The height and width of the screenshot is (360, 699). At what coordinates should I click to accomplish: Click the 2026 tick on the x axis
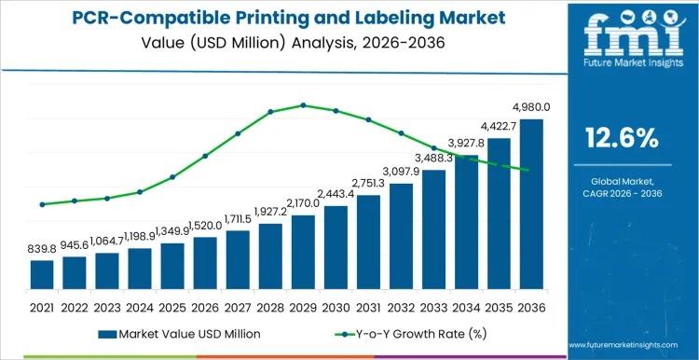coord(205,306)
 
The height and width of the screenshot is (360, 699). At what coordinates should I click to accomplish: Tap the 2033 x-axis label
coord(433,306)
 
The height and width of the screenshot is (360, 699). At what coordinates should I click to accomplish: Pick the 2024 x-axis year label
coord(140,306)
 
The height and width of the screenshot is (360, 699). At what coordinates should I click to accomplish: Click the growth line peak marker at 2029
coord(303,105)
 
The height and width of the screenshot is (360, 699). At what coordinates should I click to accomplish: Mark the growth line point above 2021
coord(42,204)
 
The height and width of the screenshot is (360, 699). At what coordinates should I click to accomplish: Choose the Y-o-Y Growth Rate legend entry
coord(410,333)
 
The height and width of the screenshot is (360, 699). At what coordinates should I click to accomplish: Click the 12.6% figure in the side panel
coord(621,139)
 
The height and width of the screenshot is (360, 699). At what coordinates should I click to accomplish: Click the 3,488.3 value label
coord(431,159)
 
